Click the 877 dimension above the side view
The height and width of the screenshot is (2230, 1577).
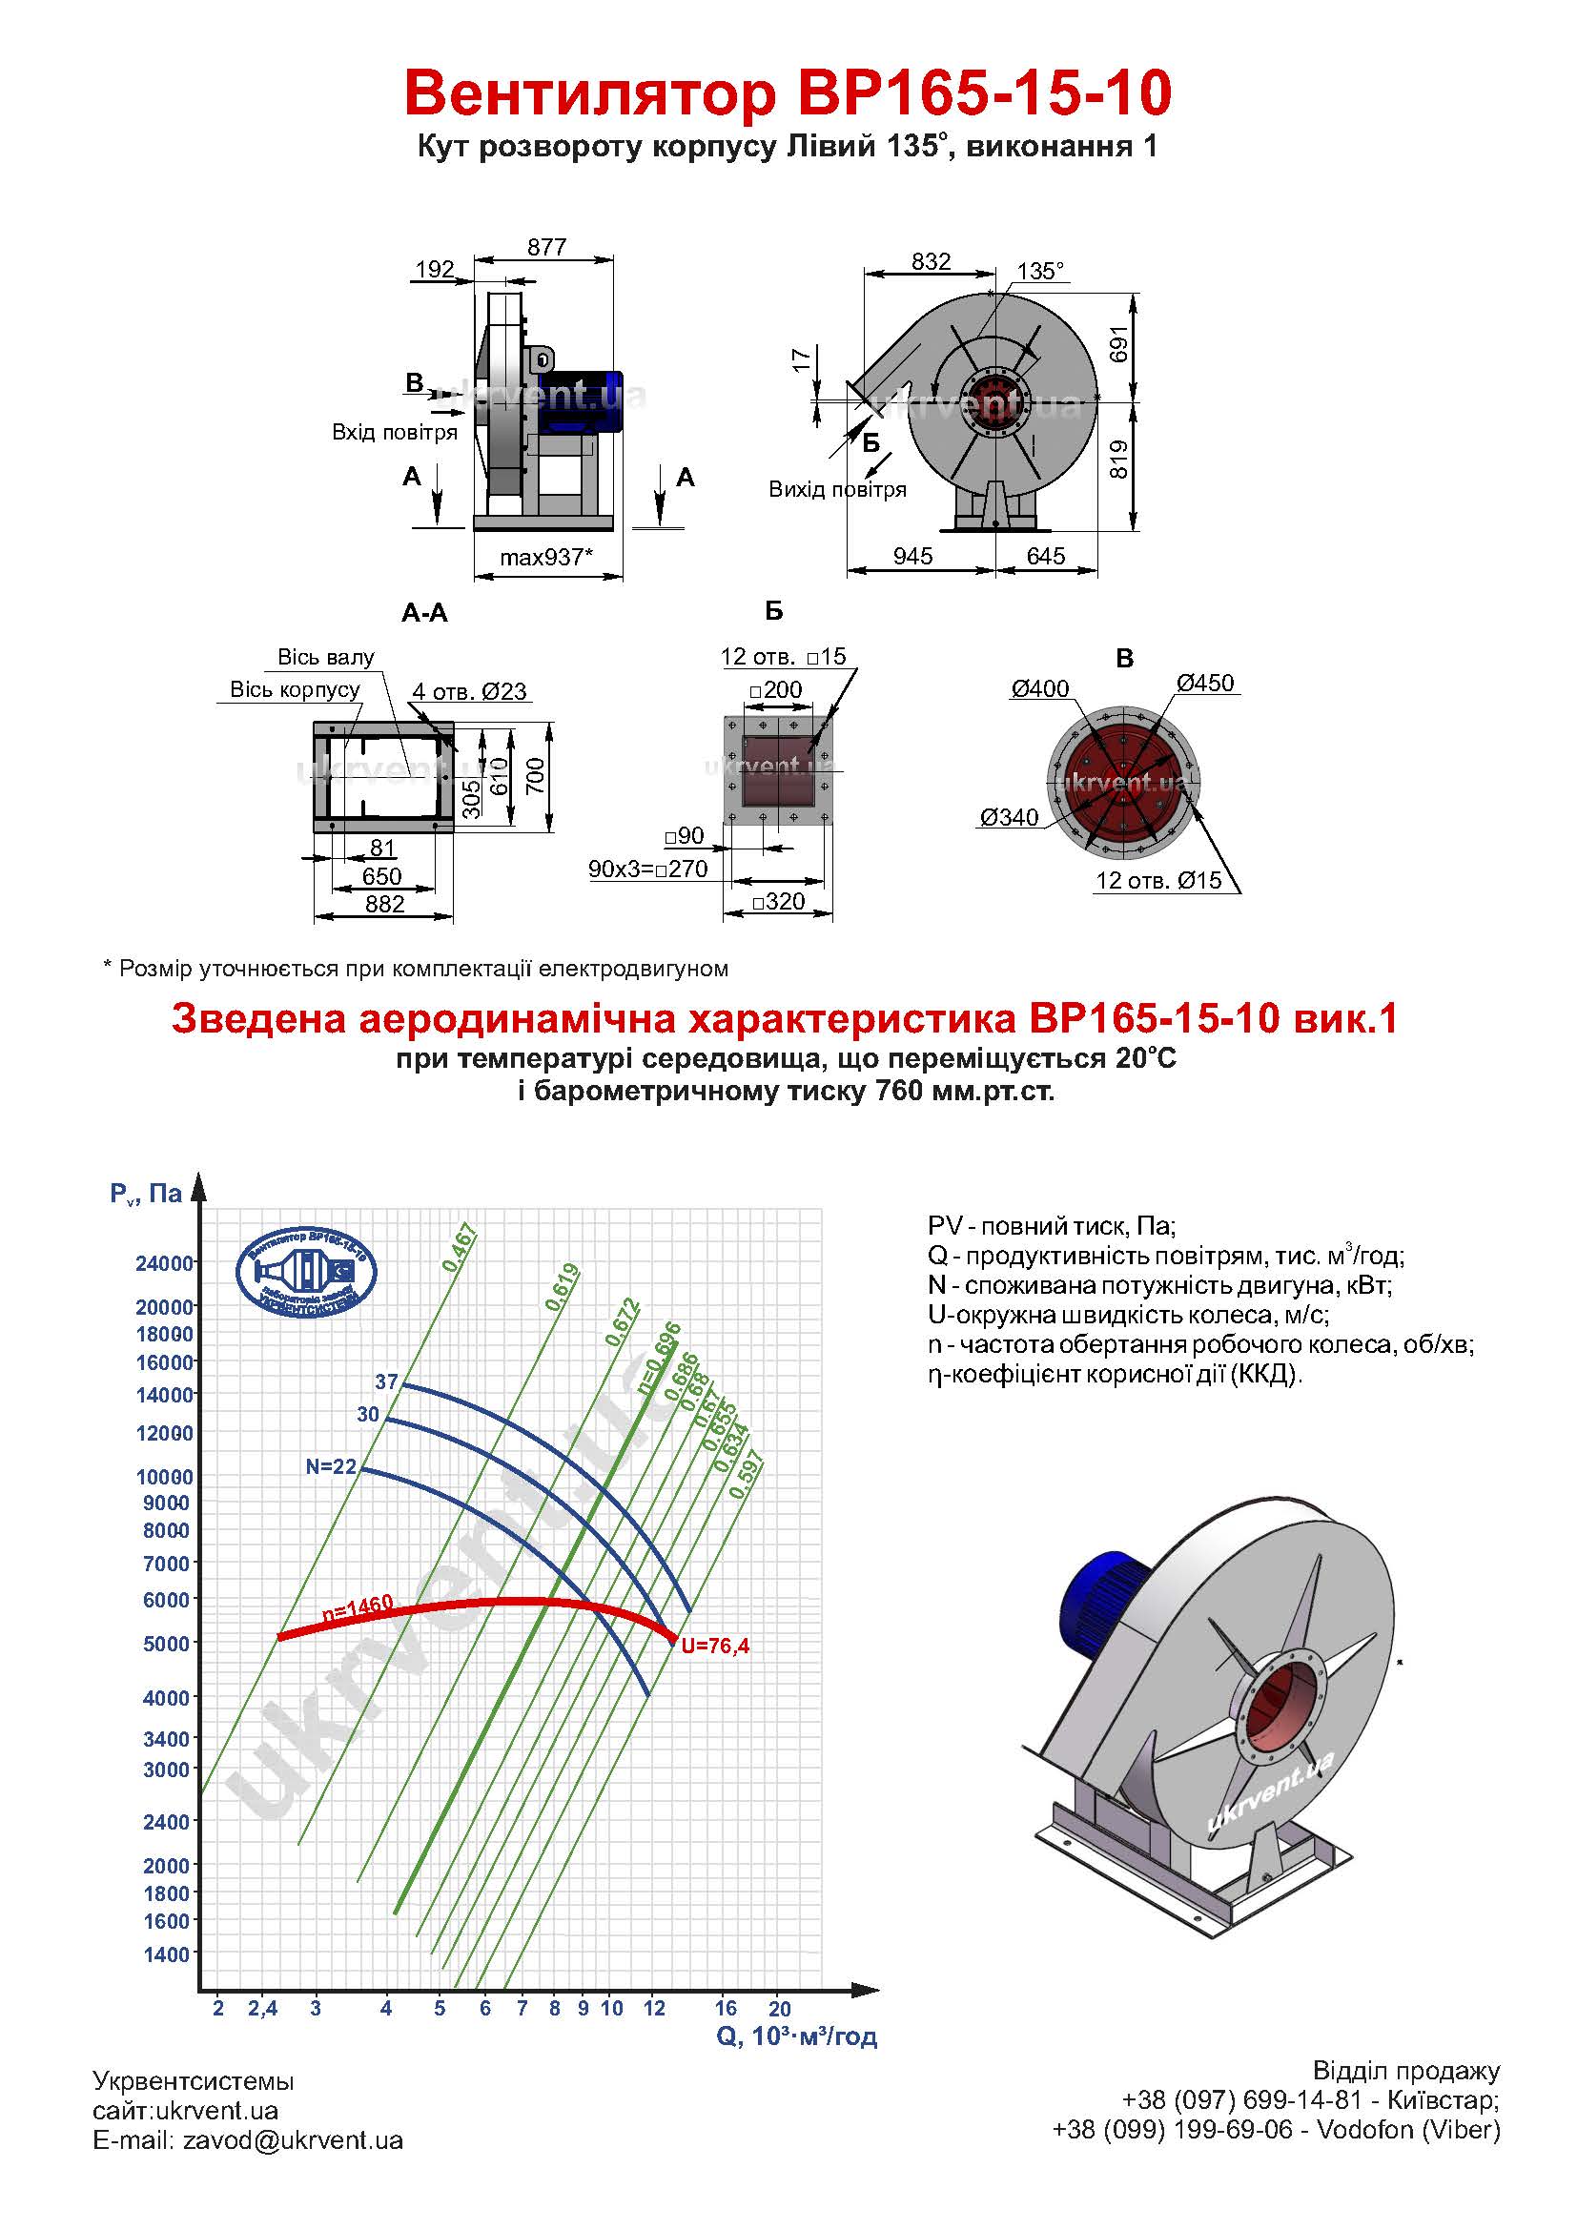pos(546,247)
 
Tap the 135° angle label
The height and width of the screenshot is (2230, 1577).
pos(1041,270)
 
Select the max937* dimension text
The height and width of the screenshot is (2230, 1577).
pos(545,557)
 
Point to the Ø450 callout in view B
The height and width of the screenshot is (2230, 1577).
pos(1205,683)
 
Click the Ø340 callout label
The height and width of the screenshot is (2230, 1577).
pos(1009,818)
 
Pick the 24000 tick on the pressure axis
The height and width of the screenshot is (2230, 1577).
pos(165,1263)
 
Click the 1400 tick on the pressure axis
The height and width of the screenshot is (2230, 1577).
pos(167,1954)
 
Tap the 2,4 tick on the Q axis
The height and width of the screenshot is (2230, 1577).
pos(262,2009)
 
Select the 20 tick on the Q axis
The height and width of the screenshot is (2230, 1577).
pos(780,2008)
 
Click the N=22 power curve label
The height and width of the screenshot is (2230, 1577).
pos(331,1466)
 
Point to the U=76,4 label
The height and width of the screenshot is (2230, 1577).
pos(715,1646)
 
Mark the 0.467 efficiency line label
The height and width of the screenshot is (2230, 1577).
pos(461,1248)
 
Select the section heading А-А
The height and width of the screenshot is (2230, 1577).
pos(424,613)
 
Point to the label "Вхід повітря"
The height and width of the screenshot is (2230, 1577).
pos(395,432)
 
